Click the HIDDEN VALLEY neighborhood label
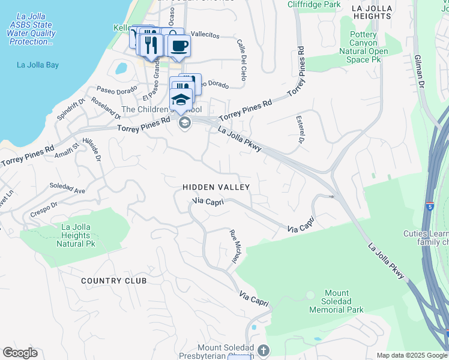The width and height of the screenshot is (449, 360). (x=216, y=188)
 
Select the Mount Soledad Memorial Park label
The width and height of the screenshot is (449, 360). (x=336, y=305)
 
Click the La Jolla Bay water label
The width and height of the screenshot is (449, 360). (x=37, y=64)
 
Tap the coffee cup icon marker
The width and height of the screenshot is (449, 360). (x=178, y=46)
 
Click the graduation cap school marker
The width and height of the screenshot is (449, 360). (x=181, y=100)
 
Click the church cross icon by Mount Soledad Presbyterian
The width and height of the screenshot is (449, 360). (x=263, y=350)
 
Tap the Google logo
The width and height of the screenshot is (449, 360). (x=20, y=353)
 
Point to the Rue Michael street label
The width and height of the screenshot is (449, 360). (x=235, y=247)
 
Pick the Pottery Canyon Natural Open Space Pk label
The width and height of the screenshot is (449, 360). (x=363, y=47)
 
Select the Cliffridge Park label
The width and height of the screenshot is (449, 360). (x=314, y=4)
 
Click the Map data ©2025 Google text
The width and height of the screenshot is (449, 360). (x=412, y=355)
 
